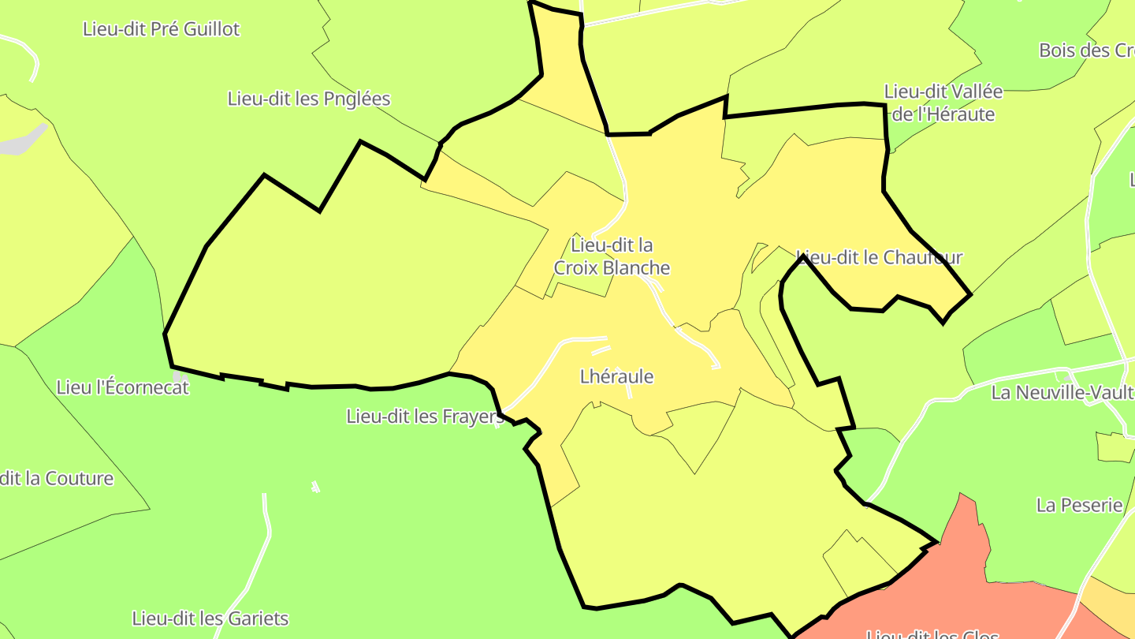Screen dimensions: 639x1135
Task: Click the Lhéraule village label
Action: point(616,376)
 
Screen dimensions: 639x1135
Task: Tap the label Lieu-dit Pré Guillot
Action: point(161,29)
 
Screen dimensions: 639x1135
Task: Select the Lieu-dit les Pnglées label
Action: point(309,99)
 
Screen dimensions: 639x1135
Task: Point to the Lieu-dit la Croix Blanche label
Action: point(612,256)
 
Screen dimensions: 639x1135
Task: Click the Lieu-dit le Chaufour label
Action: point(880,257)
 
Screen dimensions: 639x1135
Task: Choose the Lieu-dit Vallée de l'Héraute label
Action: point(943,103)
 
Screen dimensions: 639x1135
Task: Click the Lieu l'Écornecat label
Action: point(123,387)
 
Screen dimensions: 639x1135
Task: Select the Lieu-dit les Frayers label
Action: point(424,417)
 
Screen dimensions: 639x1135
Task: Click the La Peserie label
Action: point(1079,505)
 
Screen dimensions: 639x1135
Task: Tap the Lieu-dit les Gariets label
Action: point(210,618)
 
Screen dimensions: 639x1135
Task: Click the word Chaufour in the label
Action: point(923,257)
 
